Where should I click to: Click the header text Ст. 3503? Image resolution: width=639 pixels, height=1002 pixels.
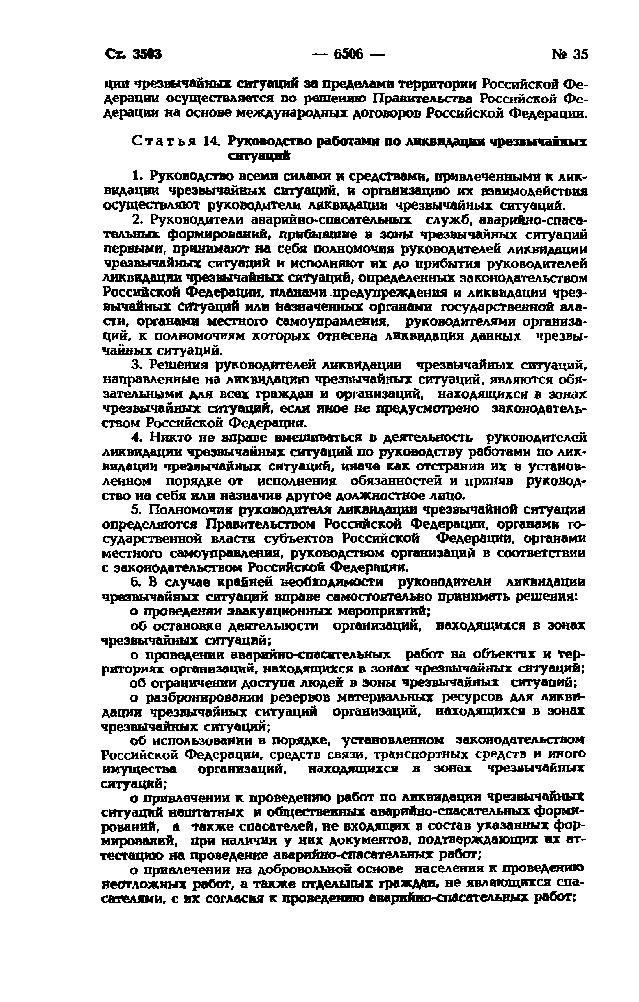pos(133,54)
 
